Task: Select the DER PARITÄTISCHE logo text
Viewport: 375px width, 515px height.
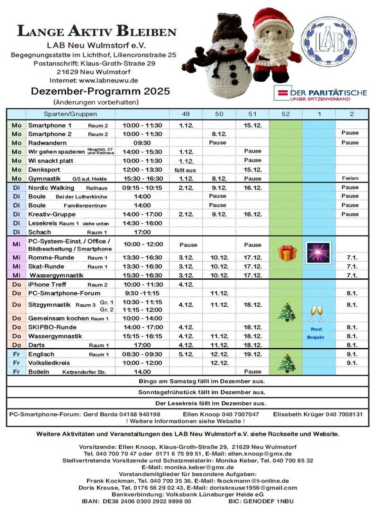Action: pos(328,93)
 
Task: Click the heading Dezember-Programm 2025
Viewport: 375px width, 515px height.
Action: pos(100,91)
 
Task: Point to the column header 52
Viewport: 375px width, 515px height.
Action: pos(285,114)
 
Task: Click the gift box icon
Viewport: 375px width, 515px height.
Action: pos(287,253)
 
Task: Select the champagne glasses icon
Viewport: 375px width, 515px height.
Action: pos(317,313)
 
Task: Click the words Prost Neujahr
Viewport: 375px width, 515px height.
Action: pos(316,333)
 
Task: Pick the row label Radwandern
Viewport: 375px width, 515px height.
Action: pos(47,143)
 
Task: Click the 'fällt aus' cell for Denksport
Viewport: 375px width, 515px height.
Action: pos(185,170)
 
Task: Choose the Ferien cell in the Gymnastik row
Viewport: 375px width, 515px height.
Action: pos(350,178)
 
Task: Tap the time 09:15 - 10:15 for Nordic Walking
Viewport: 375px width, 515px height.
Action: pos(142,188)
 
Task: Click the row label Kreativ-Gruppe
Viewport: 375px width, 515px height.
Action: pos(52,214)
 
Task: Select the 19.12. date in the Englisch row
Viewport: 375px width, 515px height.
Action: pos(252,354)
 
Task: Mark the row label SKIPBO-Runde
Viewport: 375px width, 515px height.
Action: pos(52,327)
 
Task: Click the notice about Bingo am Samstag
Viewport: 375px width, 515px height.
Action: pos(202,381)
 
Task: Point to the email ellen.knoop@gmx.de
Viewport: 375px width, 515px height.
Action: pos(260,454)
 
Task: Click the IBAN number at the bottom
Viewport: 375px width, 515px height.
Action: pos(147,501)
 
